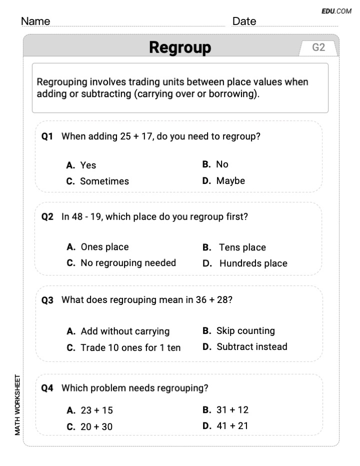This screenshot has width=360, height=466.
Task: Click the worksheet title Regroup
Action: point(180,48)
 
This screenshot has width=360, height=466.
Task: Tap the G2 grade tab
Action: point(318,47)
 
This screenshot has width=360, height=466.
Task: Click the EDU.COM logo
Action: point(336,11)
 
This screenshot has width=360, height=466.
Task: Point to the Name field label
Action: point(35,21)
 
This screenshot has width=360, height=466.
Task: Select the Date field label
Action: point(244,21)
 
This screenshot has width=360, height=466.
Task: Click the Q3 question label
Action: point(47,300)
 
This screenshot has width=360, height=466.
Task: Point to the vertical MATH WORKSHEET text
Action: point(17,404)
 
